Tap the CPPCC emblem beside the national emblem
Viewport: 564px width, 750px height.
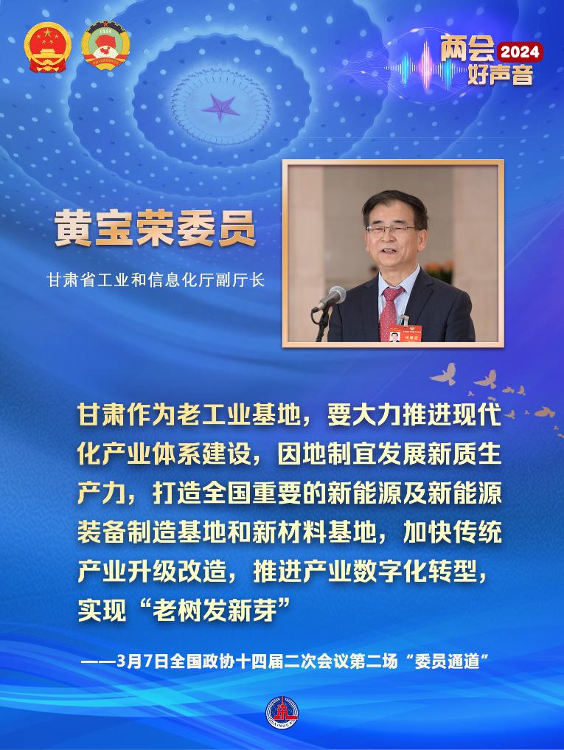(x=105, y=45)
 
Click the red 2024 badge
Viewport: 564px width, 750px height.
(x=521, y=52)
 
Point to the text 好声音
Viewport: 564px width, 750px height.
(x=500, y=74)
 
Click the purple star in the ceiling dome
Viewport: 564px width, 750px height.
(x=218, y=108)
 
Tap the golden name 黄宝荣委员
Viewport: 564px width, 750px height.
(x=155, y=229)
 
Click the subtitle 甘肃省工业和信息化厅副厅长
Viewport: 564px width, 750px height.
(x=155, y=280)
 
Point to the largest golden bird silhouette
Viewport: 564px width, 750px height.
(x=444, y=374)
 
